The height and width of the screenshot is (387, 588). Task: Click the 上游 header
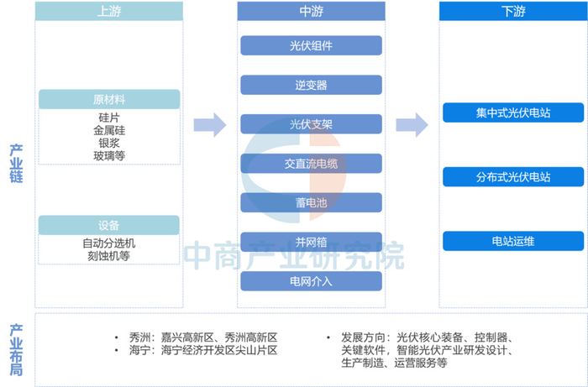click(108, 11)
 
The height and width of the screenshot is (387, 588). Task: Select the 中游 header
click(311, 11)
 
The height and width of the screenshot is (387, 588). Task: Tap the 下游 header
click(513, 11)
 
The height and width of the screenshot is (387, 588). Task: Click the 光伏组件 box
click(311, 45)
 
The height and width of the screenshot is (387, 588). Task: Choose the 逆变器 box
click(311, 85)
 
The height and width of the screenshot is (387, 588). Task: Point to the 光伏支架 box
click(311, 124)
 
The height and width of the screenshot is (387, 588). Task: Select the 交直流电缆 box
click(311, 164)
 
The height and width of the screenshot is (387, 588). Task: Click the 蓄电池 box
click(311, 202)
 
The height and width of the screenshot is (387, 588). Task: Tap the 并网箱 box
click(311, 242)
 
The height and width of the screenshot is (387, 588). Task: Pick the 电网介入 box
click(311, 281)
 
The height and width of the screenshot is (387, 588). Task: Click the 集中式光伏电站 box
click(513, 112)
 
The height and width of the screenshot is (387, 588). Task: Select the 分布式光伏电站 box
click(513, 177)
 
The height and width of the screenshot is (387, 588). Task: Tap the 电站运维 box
click(513, 241)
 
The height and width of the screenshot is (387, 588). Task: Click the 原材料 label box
click(109, 99)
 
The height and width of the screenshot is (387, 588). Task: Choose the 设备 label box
click(108, 225)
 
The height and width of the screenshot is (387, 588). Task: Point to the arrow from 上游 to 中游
click(210, 125)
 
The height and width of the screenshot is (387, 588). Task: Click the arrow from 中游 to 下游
click(412, 125)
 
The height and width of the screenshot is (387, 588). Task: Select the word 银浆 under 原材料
click(109, 143)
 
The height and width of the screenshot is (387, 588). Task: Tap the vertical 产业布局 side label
click(16, 350)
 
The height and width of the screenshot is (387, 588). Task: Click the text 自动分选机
click(109, 243)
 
